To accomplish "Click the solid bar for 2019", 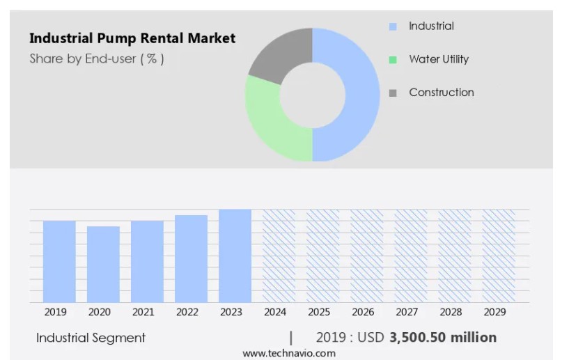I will [59, 261].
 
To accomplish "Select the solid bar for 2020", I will [103, 264].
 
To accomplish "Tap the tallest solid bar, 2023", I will [235, 256].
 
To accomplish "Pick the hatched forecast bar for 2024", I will [279, 256].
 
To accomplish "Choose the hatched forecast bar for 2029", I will [499, 256].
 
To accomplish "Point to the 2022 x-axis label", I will [187, 312].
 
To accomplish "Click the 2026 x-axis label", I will [363, 312].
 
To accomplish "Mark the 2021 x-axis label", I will [143, 312].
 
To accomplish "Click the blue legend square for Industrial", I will [393, 26].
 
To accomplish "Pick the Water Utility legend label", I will [439, 59].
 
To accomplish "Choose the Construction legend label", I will [442, 93].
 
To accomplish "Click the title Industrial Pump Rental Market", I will [132, 38].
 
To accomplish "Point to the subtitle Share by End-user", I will [97, 58].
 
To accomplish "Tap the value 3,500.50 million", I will [443, 338].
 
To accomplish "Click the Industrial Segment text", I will [91, 338].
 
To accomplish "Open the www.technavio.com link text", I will [289, 353].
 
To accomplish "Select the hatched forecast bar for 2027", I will [411, 256].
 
